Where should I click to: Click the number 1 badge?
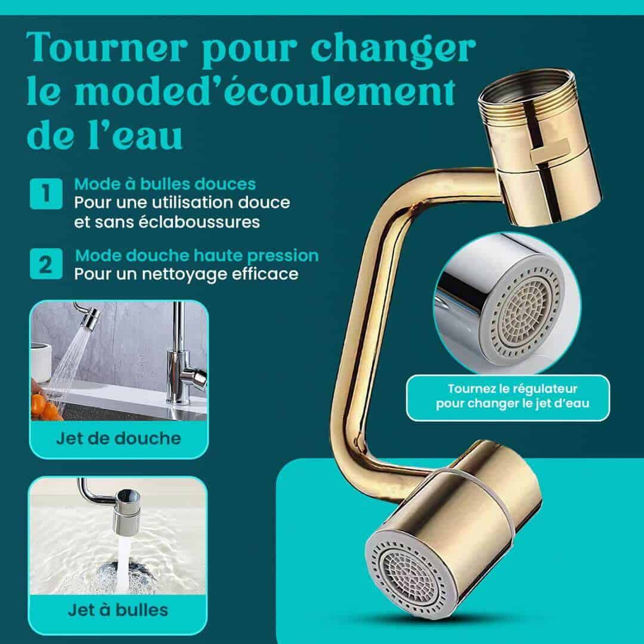(46, 193)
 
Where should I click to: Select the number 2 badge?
(46, 264)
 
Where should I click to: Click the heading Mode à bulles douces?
(165, 184)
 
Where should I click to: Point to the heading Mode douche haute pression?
(197, 255)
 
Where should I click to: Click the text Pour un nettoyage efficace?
(186, 274)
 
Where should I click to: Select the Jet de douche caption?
(119, 439)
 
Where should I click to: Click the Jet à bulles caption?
(118, 611)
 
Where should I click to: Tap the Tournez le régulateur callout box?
(508, 398)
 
